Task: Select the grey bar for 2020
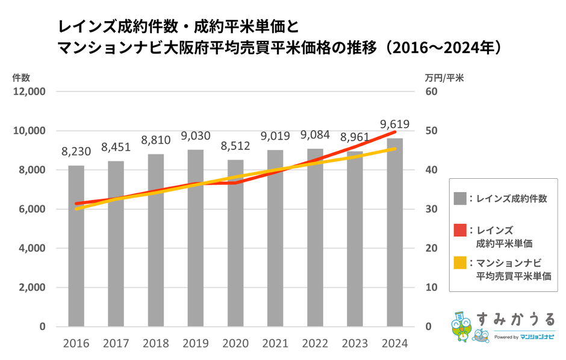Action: point(235,243)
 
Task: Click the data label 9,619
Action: point(395,125)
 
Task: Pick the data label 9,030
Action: point(196,136)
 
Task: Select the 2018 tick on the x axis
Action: point(156,344)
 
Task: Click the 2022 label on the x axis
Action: point(316,344)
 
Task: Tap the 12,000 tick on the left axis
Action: point(30,92)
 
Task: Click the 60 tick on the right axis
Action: point(430,92)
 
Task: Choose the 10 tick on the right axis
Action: point(430,288)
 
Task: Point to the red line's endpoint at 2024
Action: point(396,131)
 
